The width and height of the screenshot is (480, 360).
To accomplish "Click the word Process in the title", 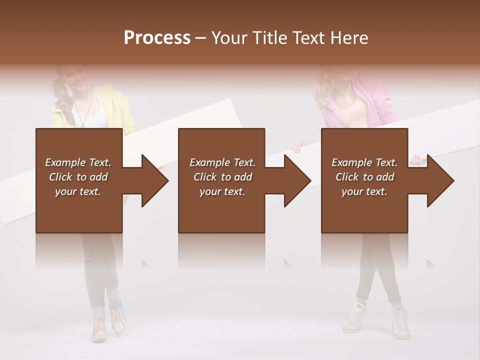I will pos(157,38).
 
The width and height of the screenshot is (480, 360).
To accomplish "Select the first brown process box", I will pos(79,210).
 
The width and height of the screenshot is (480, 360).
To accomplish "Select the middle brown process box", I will pos(221,210).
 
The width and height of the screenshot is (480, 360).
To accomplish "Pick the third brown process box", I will pos(364,210).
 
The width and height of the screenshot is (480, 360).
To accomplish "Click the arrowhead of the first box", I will pos(154,180).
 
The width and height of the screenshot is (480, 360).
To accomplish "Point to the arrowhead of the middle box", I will pos(296,180).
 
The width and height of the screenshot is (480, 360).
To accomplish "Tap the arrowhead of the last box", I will pos(439,180).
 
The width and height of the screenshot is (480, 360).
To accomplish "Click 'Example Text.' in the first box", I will pos(78,162).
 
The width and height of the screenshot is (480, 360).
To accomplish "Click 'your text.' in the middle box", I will pos(222,191).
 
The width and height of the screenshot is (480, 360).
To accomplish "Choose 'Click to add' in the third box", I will pos(364,177).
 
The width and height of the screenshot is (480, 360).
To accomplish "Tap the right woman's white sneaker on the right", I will pos(400,322).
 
